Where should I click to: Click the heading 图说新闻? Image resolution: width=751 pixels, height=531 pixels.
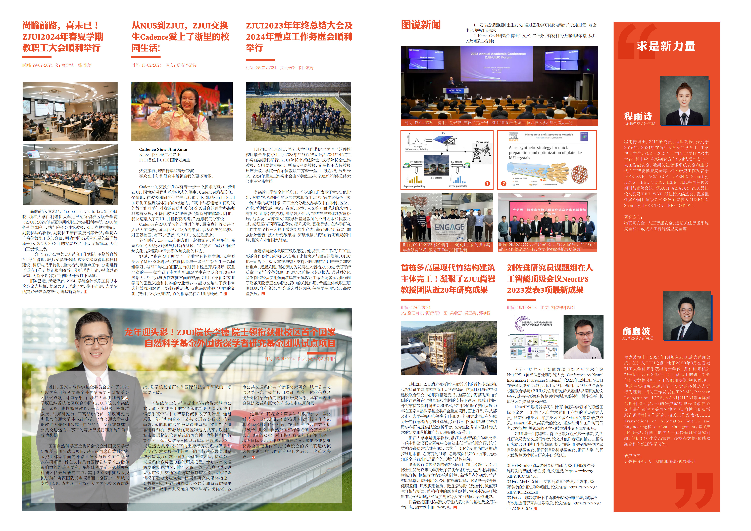coord(421,25)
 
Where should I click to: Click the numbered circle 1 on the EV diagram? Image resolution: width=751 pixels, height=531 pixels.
coord(487,184)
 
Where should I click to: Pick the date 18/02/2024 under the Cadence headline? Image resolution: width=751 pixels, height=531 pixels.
coord(152,65)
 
